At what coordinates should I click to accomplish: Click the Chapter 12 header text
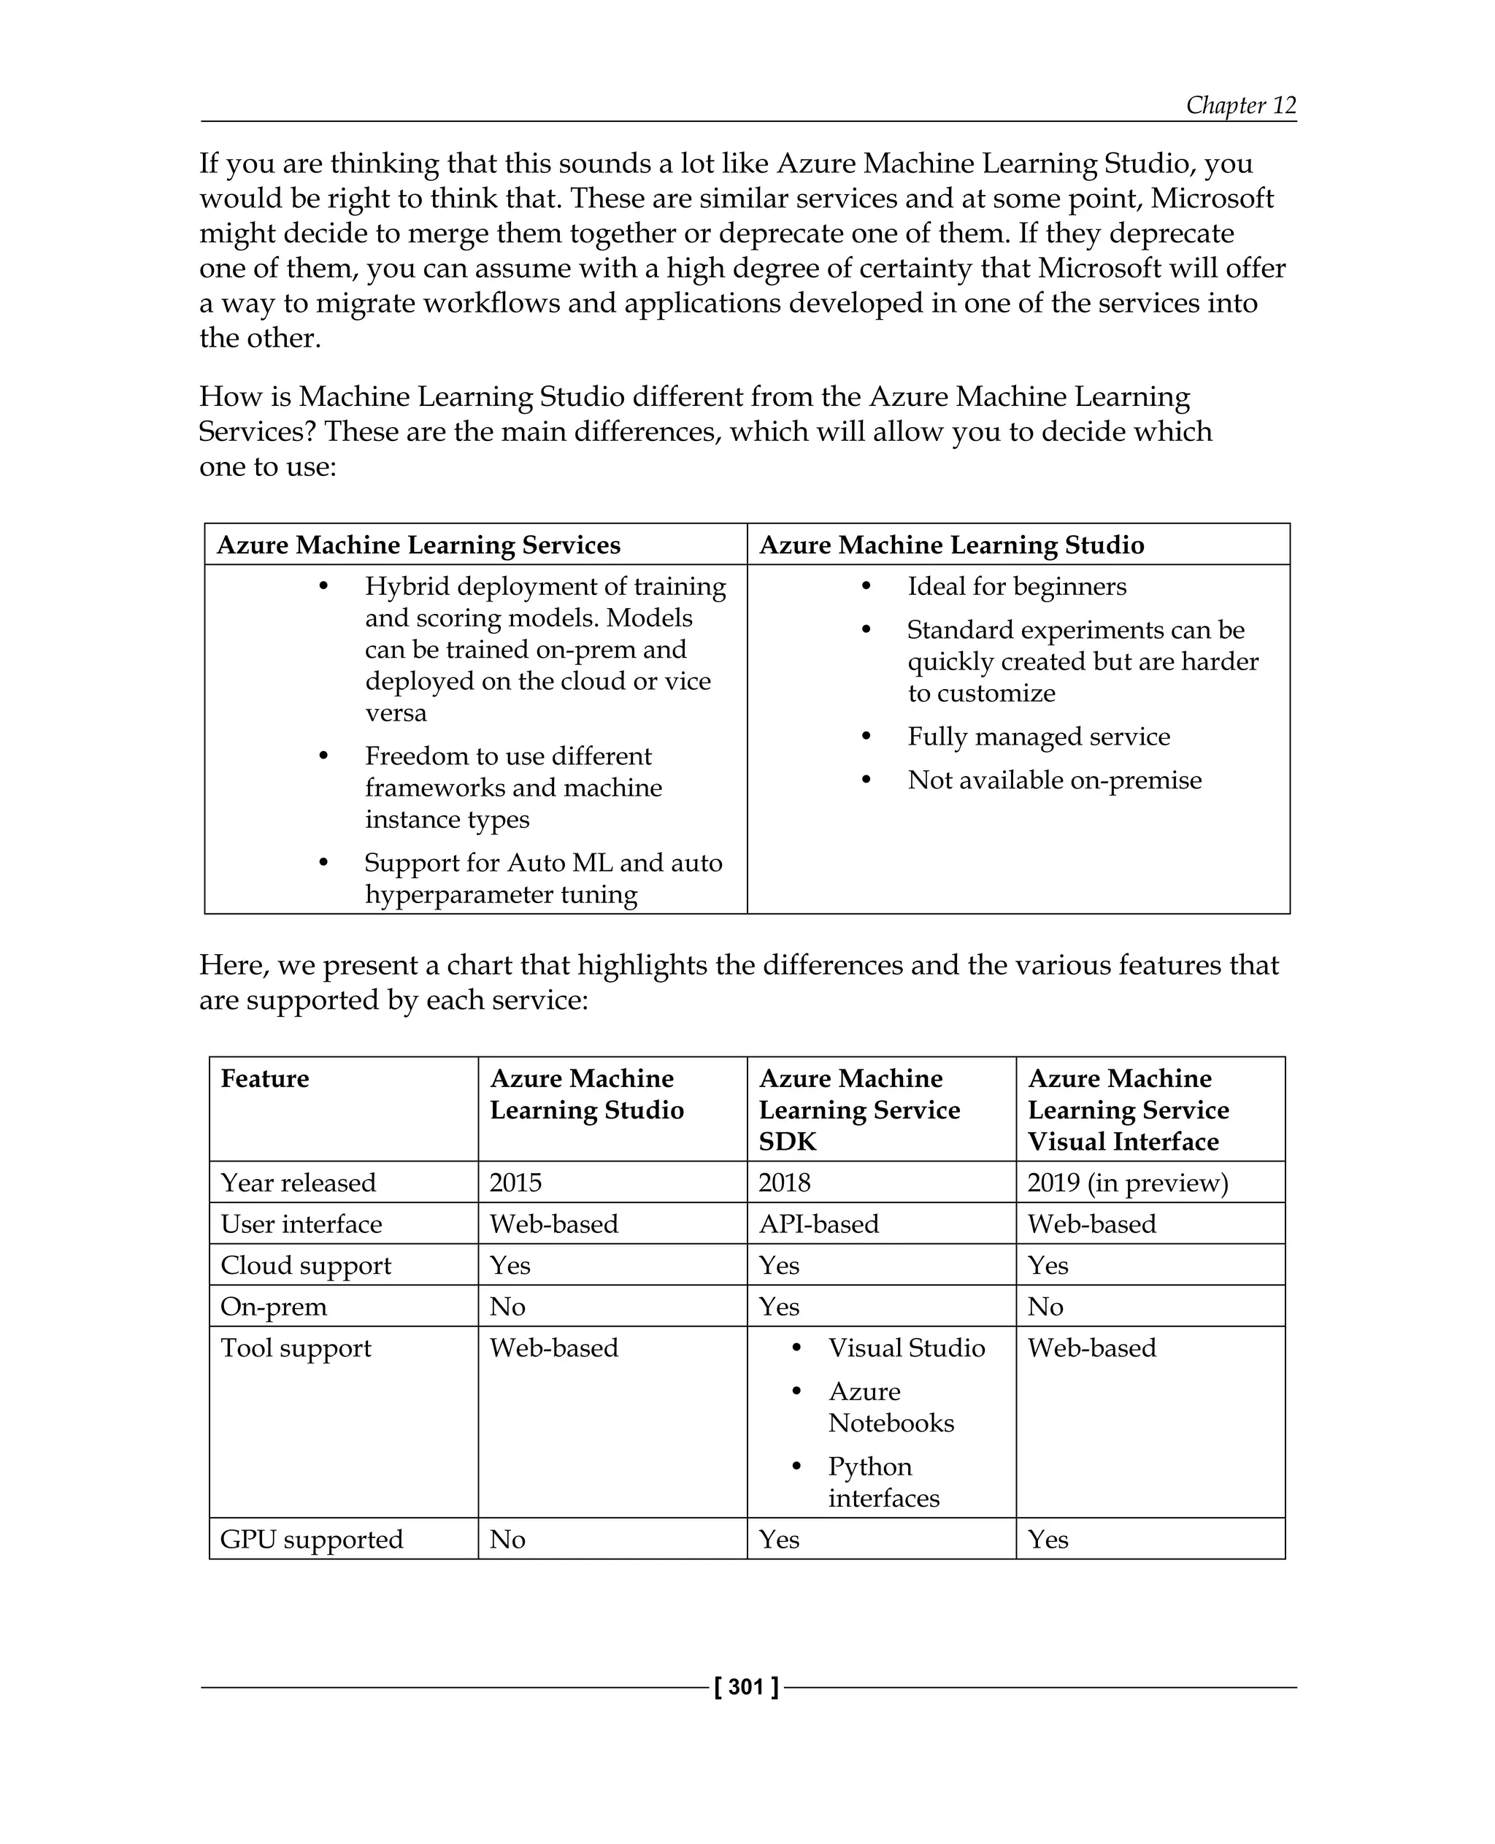pos(1240,105)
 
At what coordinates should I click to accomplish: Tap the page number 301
pos(746,1686)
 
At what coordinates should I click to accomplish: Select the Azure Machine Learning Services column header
pos(418,545)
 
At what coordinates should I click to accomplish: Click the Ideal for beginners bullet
pos(1016,586)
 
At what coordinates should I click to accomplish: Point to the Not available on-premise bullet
pos(1054,780)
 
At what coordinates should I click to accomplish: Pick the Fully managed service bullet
pos(1039,737)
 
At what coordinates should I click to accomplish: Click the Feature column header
pos(265,1078)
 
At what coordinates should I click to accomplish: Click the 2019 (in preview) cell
pos(1127,1182)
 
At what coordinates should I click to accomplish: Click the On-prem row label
pos(274,1306)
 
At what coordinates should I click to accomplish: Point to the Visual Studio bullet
pos(906,1347)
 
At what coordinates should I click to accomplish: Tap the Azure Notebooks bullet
pos(891,1407)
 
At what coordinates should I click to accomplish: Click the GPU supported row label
pos(312,1538)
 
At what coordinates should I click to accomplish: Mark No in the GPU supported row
pos(508,1538)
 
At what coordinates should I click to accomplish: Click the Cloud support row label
pos(306,1264)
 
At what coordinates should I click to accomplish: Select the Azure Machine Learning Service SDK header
pos(858,1110)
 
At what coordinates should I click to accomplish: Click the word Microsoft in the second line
pos(1212,198)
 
